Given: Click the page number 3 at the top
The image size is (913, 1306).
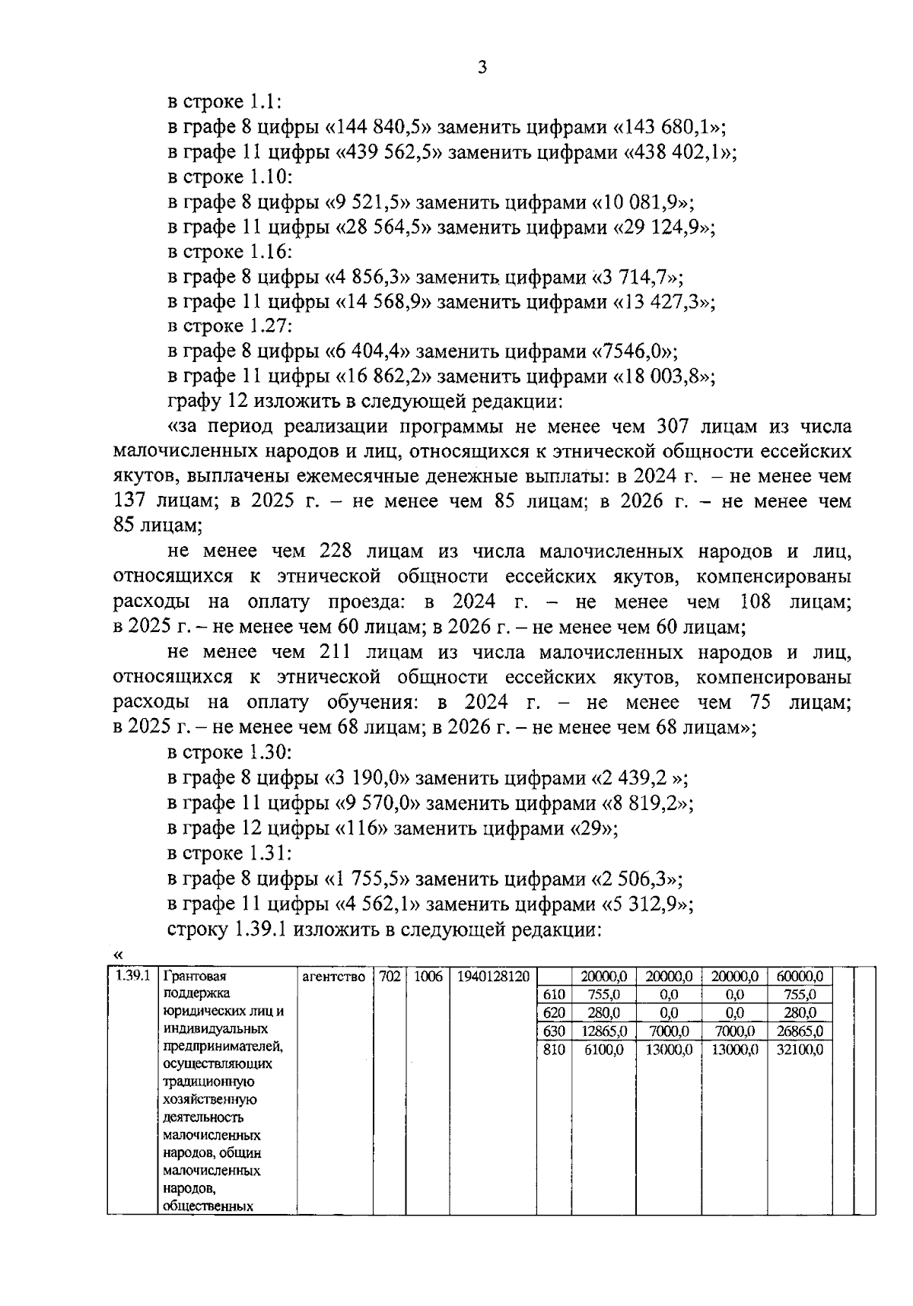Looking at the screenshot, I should [x=481, y=67].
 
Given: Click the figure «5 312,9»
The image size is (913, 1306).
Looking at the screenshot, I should [x=646, y=904].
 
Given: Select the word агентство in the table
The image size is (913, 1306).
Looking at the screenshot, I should [x=333, y=977].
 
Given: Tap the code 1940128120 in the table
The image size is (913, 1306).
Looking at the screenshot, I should [x=493, y=976].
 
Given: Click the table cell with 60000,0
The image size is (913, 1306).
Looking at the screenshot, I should [x=799, y=976].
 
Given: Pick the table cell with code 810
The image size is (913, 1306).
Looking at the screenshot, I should [x=554, y=1050].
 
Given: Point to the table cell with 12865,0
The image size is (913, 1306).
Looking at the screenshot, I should [x=604, y=1031].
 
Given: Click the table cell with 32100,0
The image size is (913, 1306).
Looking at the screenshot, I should [x=799, y=1050].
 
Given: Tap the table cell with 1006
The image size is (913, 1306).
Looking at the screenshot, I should [x=428, y=976].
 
